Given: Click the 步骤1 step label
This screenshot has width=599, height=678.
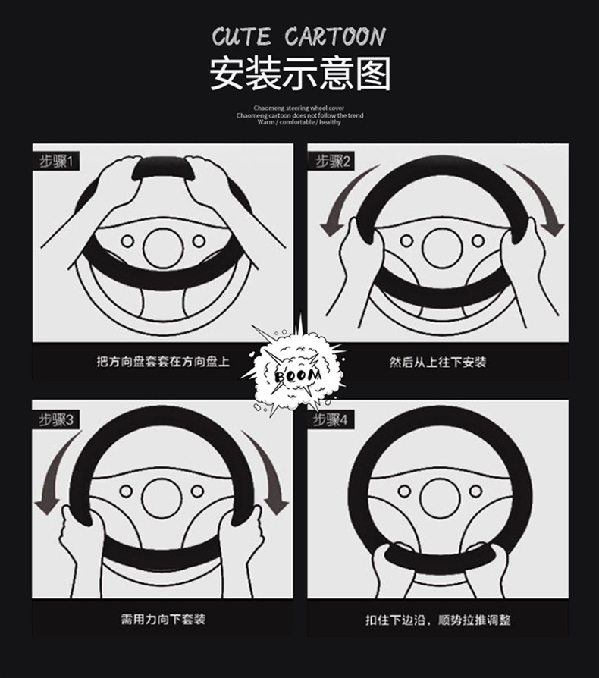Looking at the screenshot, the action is point(56,162).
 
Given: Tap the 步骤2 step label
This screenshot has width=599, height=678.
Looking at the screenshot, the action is point(333,162).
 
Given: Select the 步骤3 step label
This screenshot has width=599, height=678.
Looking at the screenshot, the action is point(56,419).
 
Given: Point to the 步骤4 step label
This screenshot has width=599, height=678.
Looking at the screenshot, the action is point(330,419).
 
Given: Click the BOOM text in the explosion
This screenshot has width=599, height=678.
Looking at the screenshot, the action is point(298,375).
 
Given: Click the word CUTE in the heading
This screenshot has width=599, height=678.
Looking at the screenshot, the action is point(241,36).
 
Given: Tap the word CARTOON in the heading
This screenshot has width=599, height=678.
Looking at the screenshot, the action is point(335,36).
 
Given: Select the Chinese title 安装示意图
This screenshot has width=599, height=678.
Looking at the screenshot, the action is point(300,74).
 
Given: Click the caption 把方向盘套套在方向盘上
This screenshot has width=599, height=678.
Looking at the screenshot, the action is point(162,362).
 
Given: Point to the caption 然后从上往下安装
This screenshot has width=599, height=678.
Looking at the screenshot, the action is point(437,362).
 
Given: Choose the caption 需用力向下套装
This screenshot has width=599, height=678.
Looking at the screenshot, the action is point(163,619).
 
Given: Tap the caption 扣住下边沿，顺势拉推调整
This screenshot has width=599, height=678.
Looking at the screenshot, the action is point(437,620).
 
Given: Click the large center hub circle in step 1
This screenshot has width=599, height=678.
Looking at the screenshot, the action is point(163,248).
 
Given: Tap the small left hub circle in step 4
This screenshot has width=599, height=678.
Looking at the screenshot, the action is point(405,491).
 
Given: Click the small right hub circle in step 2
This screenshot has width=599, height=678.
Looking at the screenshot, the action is point(478,241).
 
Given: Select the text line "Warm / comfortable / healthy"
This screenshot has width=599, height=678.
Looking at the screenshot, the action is point(299,122).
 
